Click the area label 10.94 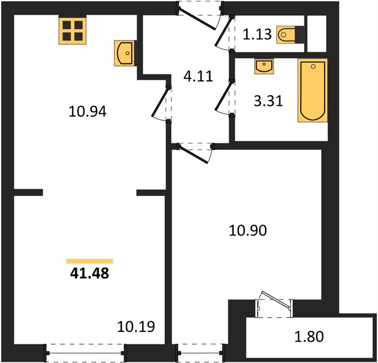click(x=88, y=112)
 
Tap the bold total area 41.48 click(x=90, y=273)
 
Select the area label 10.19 click(x=136, y=327)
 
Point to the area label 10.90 click(x=248, y=230)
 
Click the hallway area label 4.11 click(x=198, y=76)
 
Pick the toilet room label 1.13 click(x=257, y=34)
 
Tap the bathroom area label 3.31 click(x=268, y=101)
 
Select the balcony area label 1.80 click(x=309, y=336)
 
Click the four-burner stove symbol click(x=72, y=30)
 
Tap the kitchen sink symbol click(x=124, y=53)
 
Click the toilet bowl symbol click(x=286, y=34)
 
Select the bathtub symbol click(x=313, y=90)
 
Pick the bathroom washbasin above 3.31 click(x=264, y=66)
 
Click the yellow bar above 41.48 click(x=90, y=261)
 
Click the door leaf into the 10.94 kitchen click(x=160, y=102)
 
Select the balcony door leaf click(x=277, y=301)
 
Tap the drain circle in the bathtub click(x=313, y=67)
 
